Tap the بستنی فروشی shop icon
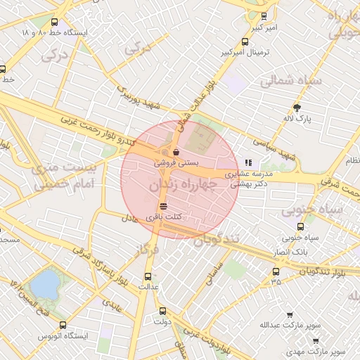[x=175, y=152]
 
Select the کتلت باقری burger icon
[x=163, y=207]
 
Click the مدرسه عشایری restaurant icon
[x=247, y=162]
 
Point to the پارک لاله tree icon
[x=297, y=108]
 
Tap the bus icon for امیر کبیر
[x=264, y=15]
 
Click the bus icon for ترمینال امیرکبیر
[x=245, y=41]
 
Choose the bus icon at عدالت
[x=148, y=276]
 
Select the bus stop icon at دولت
[x=163, y=311]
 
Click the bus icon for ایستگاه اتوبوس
[x=63, y=325]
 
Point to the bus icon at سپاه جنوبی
[x=300, y=226]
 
